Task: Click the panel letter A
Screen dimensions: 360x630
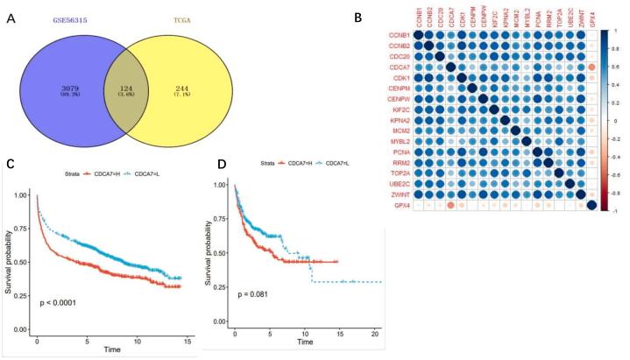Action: (x=8, y=12)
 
